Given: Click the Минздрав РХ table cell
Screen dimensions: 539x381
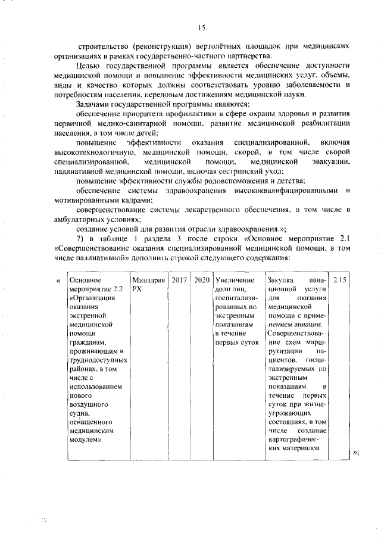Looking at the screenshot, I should (x=148, y=283).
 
